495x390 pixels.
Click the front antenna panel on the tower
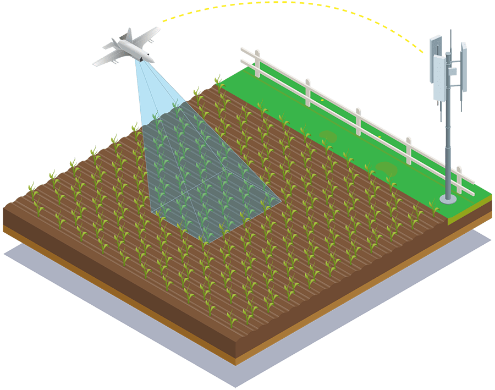[439, 77]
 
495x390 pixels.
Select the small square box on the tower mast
[452, 71]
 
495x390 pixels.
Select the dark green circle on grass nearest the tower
[386, 168]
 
